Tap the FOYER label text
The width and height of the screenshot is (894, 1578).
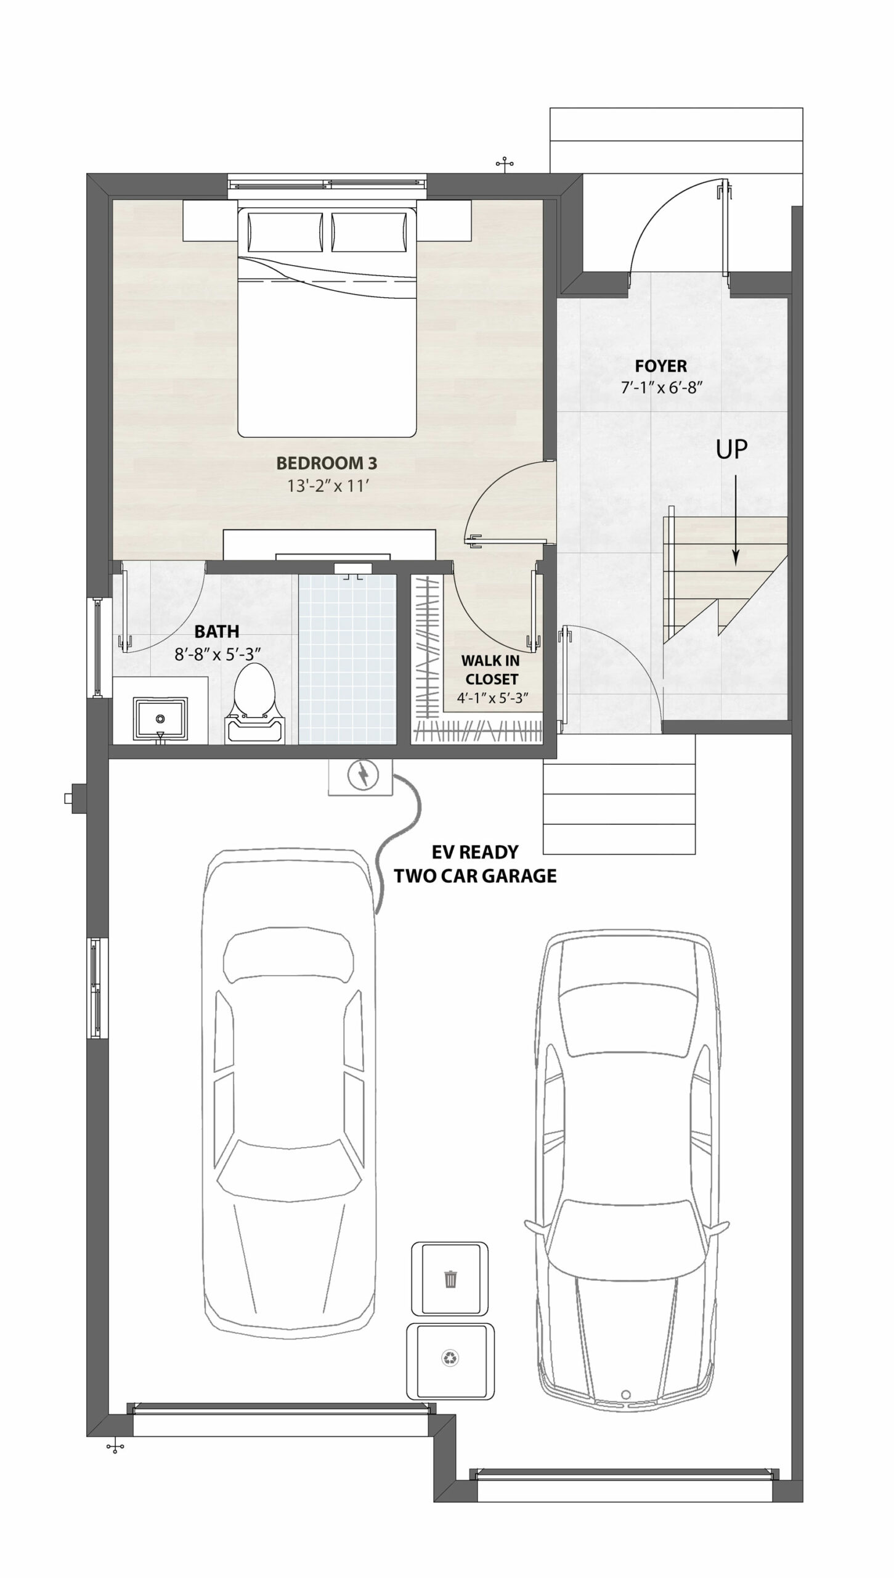[x=661, y=366]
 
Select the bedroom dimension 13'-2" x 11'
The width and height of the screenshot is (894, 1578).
[x=328, y=486]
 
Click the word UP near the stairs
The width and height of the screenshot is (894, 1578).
[x=732, y=450]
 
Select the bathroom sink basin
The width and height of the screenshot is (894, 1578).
[x=160, y=719]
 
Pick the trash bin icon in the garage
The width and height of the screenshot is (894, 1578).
[x=450, y=1279]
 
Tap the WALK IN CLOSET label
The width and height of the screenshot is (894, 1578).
[x=490, y=670]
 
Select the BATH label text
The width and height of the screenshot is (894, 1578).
[x=216, y=631]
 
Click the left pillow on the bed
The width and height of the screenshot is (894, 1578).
[x=285, y=232]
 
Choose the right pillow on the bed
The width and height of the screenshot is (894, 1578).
[x=370, y=232]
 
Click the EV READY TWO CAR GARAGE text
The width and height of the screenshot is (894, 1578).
[x=475, y=864]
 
